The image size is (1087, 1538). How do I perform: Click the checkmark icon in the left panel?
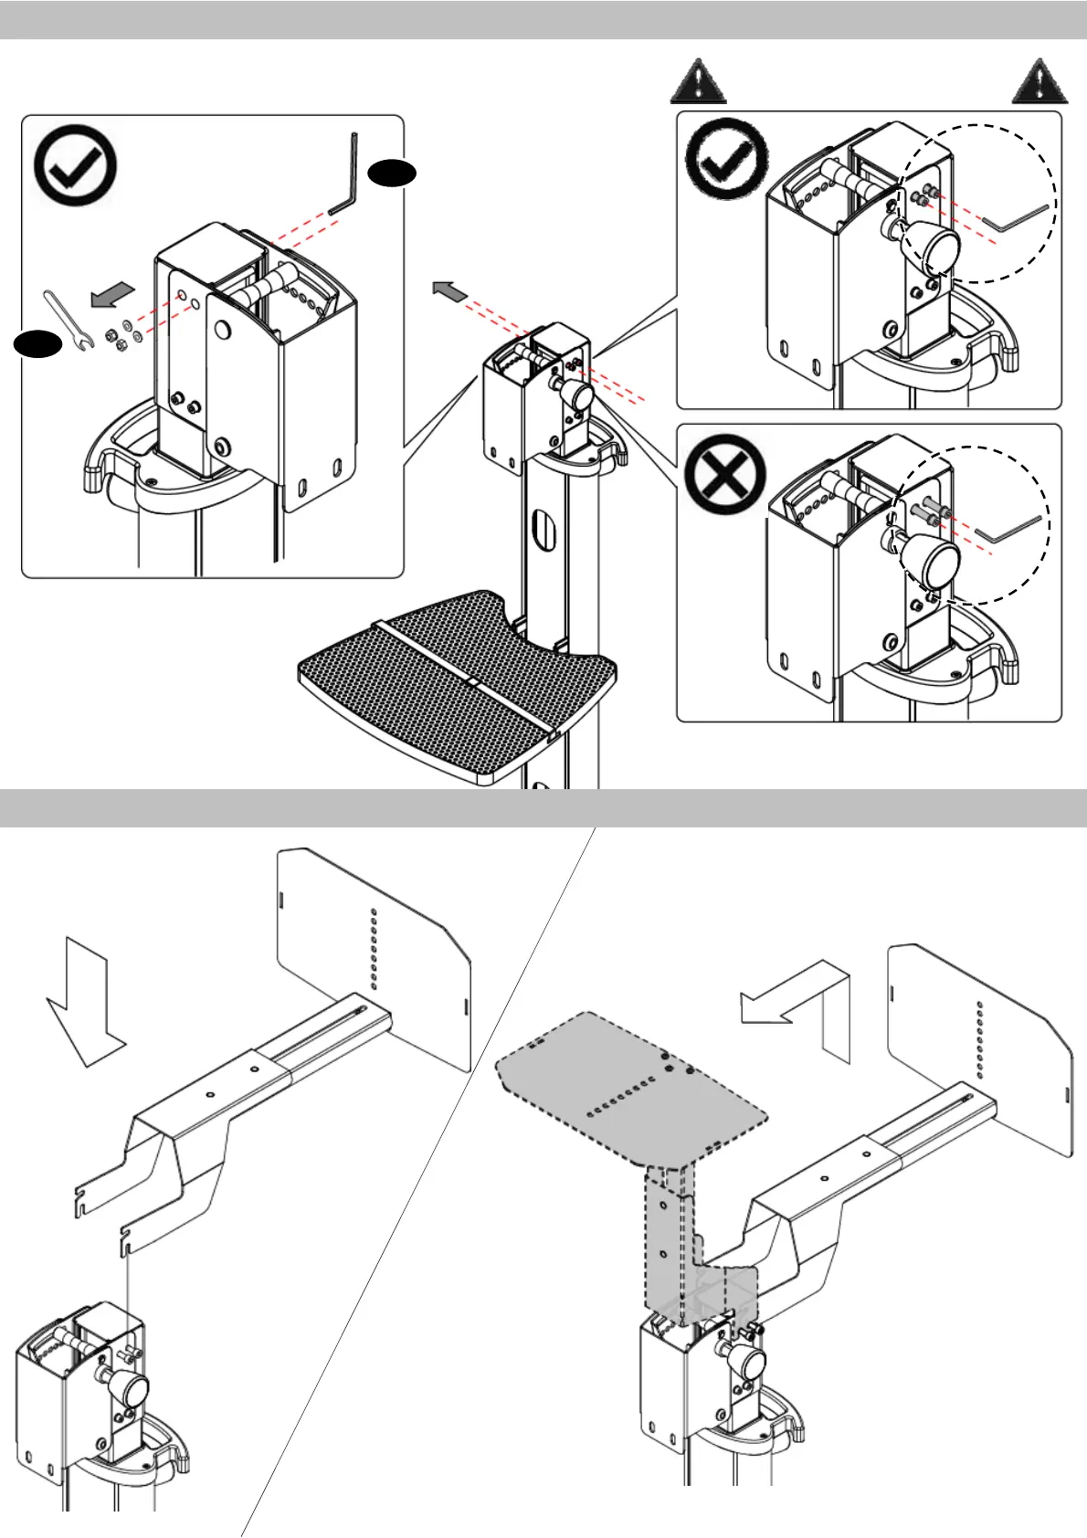pyautogui.click(x=76, y=165)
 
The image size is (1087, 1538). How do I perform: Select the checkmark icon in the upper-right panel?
pyautogui.click(x=728, y=158)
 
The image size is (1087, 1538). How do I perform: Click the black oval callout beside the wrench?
pyautogui.click(x=37, y=343)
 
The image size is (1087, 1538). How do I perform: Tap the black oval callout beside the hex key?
pyautogui.click(x=393, y=173)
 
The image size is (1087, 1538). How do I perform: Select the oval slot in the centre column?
pyautogui.click(x=543, y=530)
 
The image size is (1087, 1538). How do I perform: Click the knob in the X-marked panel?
pyautogui.click(x=931, y=559)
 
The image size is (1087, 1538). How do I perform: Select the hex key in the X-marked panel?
pyautogui.click(x=1008, y=529)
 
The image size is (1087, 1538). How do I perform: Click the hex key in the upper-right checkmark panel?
pyautogui.click(x=1014, y=218)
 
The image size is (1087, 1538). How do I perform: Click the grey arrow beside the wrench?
pyautogui.click(x=112, y=295)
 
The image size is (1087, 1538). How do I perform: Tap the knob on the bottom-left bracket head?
pyautogui.click(x=128, y=1392)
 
